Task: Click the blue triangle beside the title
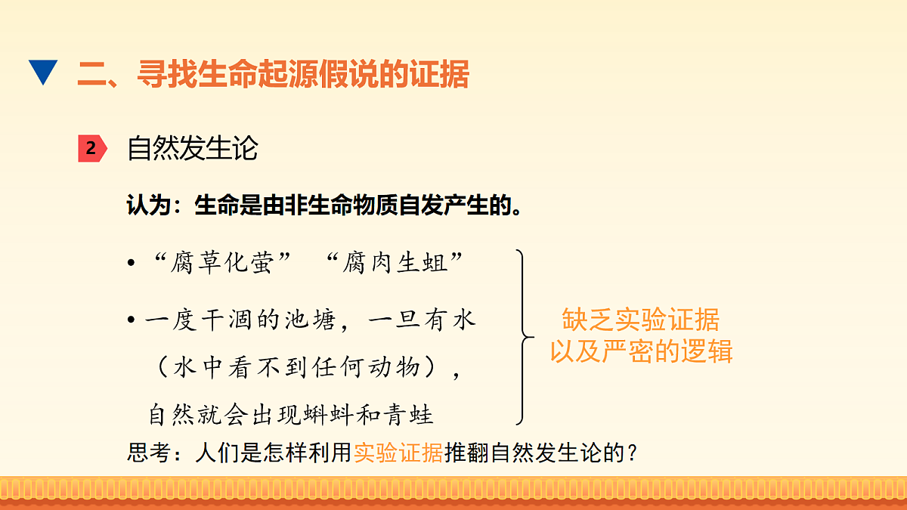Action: pyautogui.click(x=43, y=73)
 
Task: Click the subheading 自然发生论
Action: pyautogui.click(x=193, y=148)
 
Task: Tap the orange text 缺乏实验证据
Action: pyautogui.click(x=640, y=320)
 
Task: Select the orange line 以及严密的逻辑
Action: pyautogui.click(x=640, y=351)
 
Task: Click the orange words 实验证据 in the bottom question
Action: pyautogui.click(x=398, y=453)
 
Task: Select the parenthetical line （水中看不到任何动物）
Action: pyautogui.click(x=305, y=368)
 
